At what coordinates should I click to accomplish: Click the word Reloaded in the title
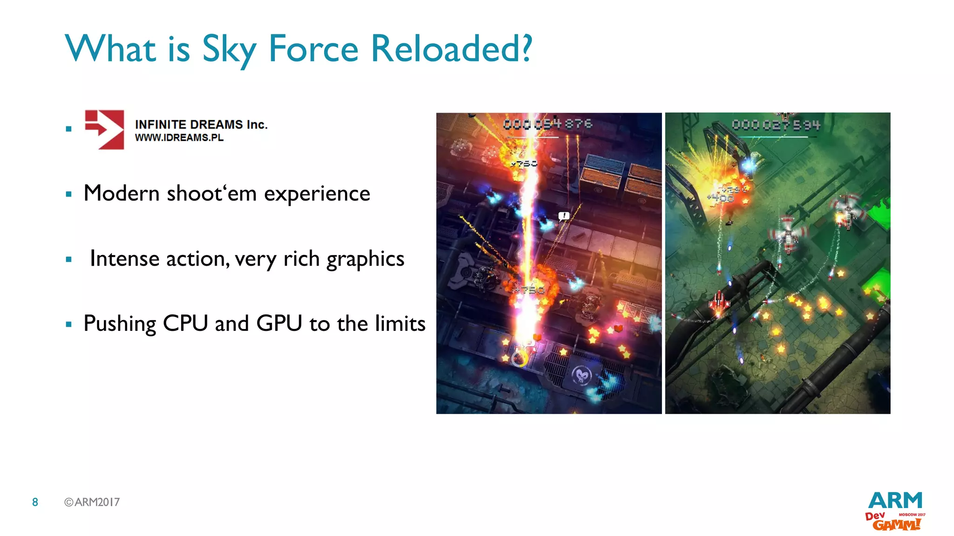pyautogui.click(x=451, y=48)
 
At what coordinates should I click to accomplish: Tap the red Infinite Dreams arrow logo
pyautogui.click(x=105, y=129)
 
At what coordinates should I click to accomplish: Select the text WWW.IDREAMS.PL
pyautogui.click(x=179, y=138)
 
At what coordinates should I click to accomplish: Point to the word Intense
pyautogui.click(x=124, y=258)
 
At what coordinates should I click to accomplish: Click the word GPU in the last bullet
pyautogui.click(x=279, y=323)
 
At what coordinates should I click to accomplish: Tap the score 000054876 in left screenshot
pyautogui.click(x=548, y=124)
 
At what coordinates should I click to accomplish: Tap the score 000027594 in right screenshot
pyautogui.click(x=776, y=125)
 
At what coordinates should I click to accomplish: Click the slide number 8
pyautogui.click(x=35, y=502)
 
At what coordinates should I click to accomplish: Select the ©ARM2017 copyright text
pyautogui.click(x=92, y=502)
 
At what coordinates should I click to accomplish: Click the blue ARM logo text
pyautogui.click(x=895, y=501)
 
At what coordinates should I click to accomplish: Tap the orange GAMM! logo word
pyautogui.click(x=896, y=524)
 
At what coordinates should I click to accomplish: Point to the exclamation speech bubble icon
pyautogui.click(x=564, y=216)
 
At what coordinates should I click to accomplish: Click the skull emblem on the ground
pyautogui.click(x=581, y=375)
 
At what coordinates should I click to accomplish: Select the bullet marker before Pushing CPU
pyautogui.click(x=69, y=324)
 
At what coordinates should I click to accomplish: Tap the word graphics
pyautogui.click(x=365, y=259)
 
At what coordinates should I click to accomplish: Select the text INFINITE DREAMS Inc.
pyautogui.click(x=201, y=124)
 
